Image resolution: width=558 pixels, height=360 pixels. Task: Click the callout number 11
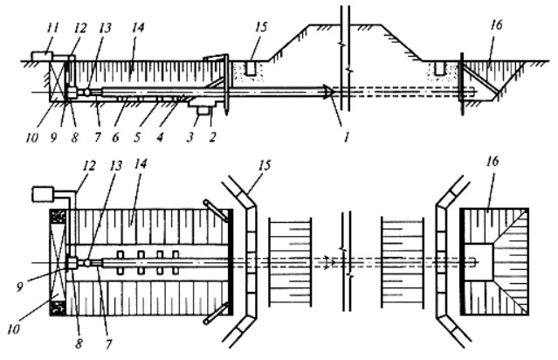(x=52, y=27)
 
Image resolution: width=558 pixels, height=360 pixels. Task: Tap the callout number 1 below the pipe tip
(x=347, y=136)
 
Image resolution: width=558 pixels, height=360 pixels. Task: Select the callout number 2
(x=212, y=136)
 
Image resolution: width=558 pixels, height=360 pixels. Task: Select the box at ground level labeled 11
(x=42, y=56)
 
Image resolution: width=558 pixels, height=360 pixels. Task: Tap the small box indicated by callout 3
(x=203, y=111)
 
